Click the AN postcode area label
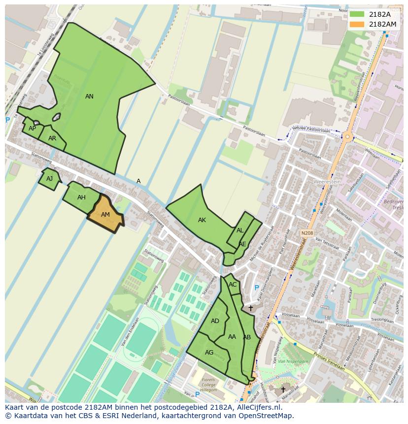pos(89,97)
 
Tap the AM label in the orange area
pos(105,215)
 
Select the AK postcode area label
pos(202,220)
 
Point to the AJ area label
pos(49,179)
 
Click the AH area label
pos(81,197)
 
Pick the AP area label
pos(32,129)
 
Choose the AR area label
pos(52,138)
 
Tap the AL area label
pos(240,230)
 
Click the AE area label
pos(242,244)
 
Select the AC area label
pos(233,285)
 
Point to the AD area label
pos(215,321)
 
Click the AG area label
pos(209,353)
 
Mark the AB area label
pos(247,337)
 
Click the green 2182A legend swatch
pos(357,14)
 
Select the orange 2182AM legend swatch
pos(357,24)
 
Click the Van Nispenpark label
pos(286,362)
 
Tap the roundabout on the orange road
pos(348,136)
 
